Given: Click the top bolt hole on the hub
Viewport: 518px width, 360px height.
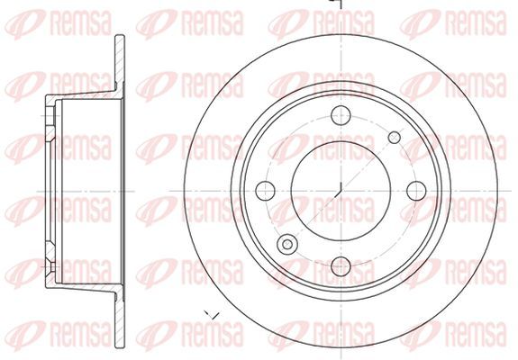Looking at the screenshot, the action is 341,115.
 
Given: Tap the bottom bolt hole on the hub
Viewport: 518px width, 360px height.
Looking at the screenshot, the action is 341,266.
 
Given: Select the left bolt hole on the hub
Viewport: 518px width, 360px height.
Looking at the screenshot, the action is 265,191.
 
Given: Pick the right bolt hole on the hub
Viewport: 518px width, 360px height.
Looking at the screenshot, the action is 416,191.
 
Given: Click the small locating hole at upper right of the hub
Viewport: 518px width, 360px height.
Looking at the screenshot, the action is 394,138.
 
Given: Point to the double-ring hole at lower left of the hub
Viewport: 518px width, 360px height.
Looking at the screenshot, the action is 287,245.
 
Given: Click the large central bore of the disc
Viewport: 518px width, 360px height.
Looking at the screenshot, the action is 341,191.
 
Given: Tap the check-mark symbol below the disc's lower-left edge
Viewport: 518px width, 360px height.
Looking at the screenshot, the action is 212,315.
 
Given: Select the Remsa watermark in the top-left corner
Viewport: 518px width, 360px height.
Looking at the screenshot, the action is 58,23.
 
